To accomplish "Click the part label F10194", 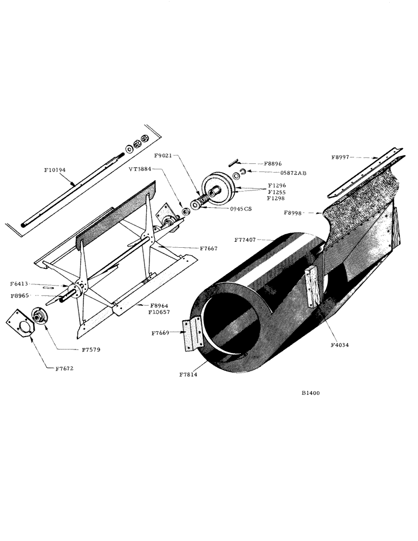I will click(x=55, y=170).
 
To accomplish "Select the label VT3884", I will click(x=141, y=169).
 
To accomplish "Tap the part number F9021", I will click(x=163, y=155).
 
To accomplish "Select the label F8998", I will click(x=295, y=213).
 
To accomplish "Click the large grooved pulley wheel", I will click(x=216, y=187).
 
